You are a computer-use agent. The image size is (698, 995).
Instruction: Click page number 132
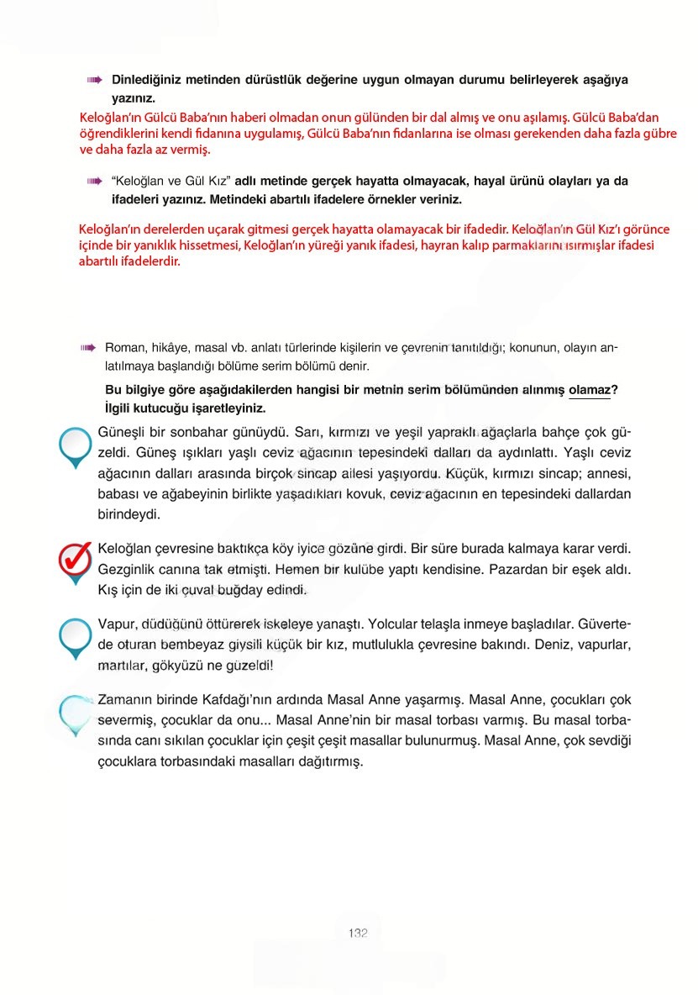pos(358,934)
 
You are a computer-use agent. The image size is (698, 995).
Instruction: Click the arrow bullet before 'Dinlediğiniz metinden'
pos(94,80)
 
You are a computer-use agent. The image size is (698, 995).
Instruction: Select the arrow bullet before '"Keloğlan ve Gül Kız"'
pos(94,181)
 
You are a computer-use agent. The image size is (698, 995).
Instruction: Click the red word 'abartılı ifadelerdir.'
pos(129,261)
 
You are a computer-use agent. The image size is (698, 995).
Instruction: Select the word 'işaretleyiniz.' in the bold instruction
pos(230,408)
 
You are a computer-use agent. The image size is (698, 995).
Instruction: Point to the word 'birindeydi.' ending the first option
pos(129,513)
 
